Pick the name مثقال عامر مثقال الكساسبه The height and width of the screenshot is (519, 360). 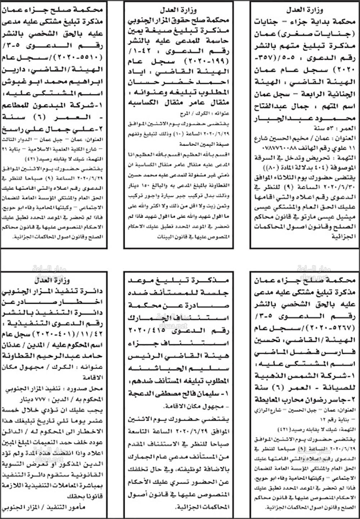(179, 103)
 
